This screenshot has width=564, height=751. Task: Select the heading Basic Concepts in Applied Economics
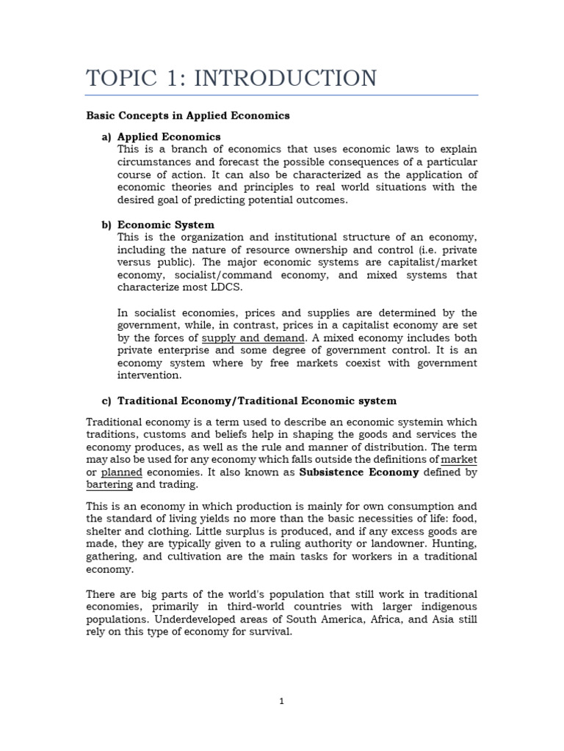coord(188,115)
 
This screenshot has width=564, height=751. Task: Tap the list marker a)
coord(106,137)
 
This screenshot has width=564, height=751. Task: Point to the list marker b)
coord(106,225)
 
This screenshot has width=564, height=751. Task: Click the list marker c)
coord(106,401)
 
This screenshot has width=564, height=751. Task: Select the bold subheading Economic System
coord(166,225)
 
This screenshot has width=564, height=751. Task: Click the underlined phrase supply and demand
coord(253,338)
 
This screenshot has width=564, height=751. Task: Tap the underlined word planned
coord(121,472)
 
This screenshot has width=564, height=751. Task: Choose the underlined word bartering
coord(109,485)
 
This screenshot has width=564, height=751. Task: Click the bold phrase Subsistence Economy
coord(359,472)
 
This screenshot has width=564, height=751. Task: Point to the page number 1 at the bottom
coord(282,701)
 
